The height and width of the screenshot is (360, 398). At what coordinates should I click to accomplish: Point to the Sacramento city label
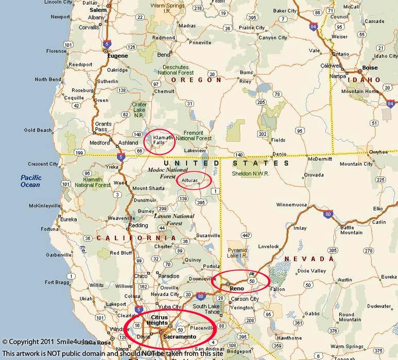(180, 336)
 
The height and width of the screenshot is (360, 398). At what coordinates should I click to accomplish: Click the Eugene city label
(117, 56)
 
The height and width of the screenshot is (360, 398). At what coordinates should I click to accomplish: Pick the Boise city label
(370, 67)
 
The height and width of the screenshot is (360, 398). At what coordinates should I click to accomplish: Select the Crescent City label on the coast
(43, 164)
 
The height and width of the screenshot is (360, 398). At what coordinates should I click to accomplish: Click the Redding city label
(138, 225)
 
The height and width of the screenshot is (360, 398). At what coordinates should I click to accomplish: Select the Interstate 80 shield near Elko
(328, 213)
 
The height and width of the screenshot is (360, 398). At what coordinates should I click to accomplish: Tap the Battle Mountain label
(351, 229)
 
